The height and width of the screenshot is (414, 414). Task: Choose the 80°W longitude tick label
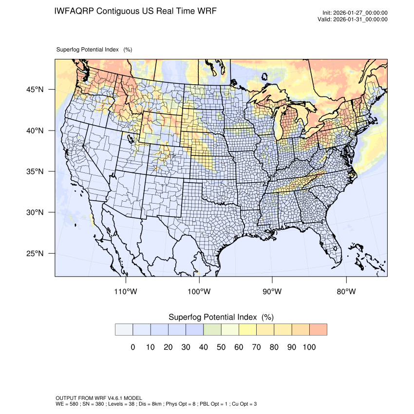tap(346, 292)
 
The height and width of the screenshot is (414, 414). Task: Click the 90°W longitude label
tap(272, 292)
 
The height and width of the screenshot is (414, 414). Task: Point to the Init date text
tap(355, 13)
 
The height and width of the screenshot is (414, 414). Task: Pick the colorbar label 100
tap(309, 347)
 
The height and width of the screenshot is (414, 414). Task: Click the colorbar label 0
tap(132, 347)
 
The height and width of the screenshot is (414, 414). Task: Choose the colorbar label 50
tap(221, 347)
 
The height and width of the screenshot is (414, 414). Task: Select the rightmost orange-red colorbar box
tap(318, 329)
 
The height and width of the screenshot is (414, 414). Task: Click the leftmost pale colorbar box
tap(124, 329)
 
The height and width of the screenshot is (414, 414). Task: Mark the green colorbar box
tap(212, 329)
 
